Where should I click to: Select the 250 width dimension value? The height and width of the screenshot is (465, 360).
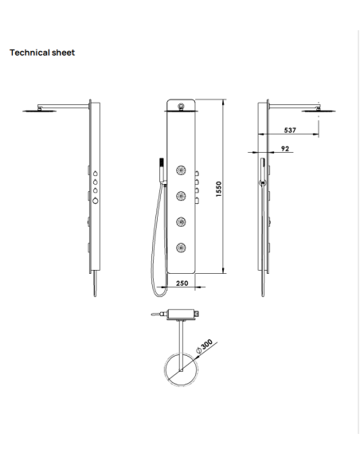click(181, 283)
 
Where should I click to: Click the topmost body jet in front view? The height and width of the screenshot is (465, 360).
click(181, 170)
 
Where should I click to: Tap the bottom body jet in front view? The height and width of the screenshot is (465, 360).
click(181, 247)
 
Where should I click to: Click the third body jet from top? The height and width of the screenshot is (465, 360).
click(181, 222)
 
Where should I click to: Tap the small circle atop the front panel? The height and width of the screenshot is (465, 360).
click(181, 106)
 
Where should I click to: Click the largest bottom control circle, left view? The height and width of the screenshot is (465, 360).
click(96, 201)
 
